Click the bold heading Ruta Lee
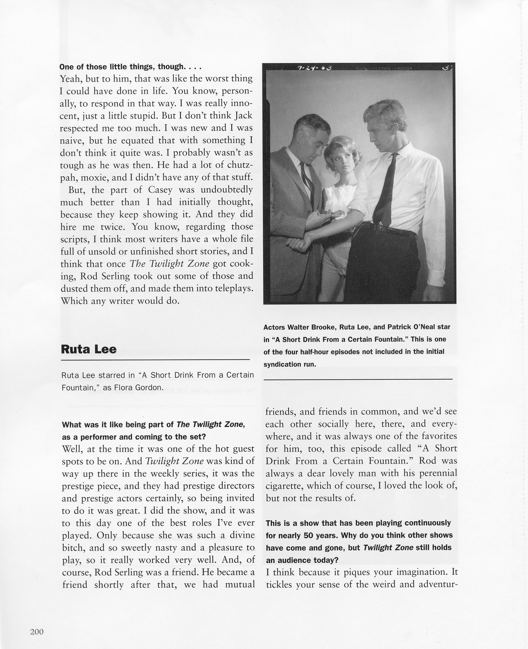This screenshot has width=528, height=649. coord(89,349)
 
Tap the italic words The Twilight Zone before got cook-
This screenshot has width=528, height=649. coord(169,264)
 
